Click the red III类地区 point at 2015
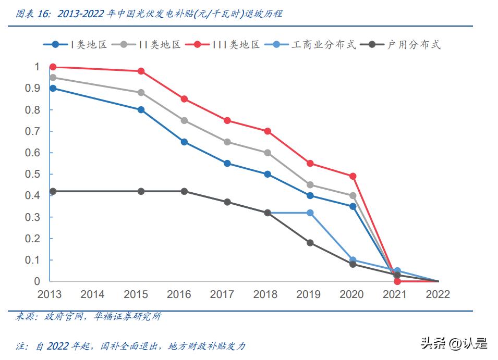[x=141, y=71]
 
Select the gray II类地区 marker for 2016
[x=184, y=120]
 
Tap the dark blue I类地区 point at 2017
[x=227, y=163]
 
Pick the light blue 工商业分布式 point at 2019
[x=310, y=213]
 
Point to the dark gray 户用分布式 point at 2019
[x=310, y=243]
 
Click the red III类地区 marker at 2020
[x=353, y=176]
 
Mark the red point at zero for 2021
[x=397, y=281]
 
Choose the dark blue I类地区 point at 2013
[x=53, y=88]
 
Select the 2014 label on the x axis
[x=92, y=294]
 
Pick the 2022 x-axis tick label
[x=438, y=294]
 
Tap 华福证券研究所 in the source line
[x=128, y=316]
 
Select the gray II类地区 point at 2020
[x=353, y=196]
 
